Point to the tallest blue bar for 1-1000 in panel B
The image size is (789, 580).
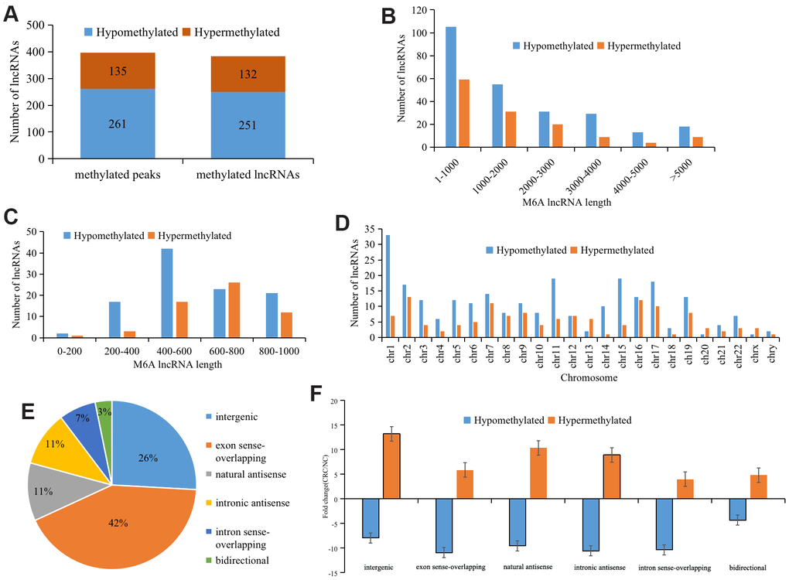point(451,87)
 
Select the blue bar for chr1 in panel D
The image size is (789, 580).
point(388,287)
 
